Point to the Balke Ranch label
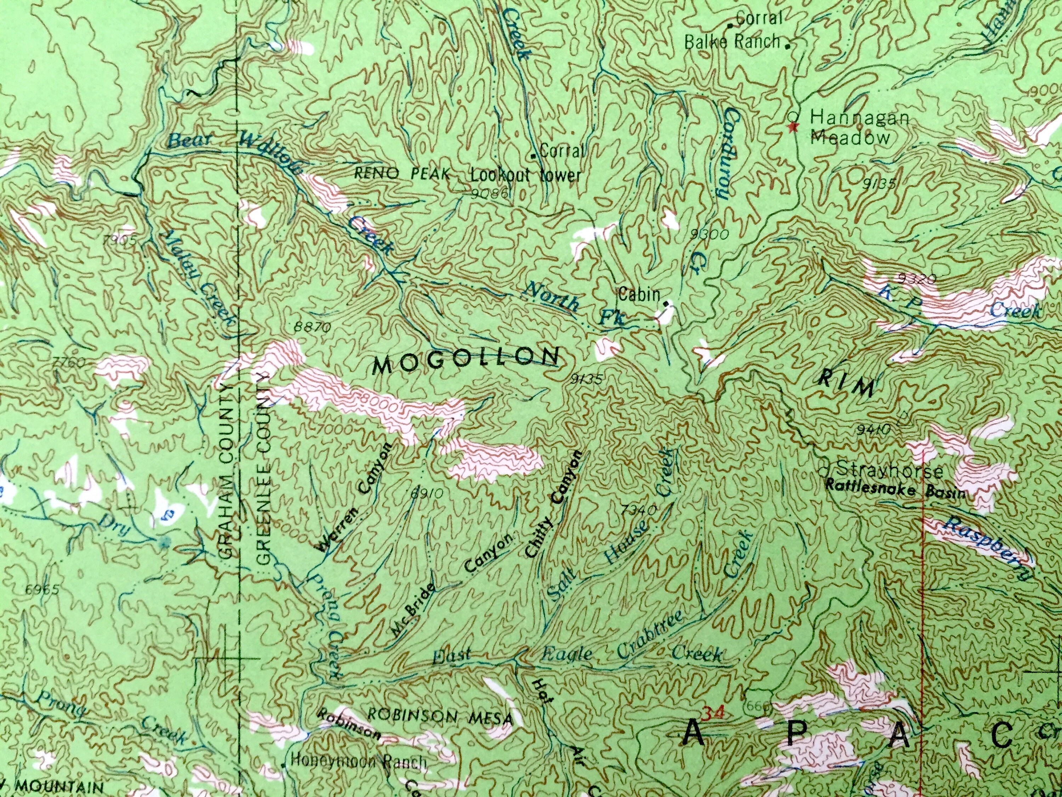coord(732,42)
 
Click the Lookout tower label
coord(525,175)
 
